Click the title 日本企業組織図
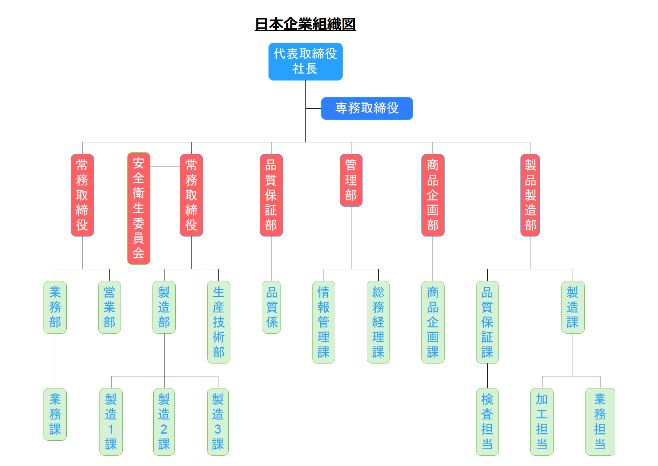[305, 24]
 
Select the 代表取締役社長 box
[305, 61]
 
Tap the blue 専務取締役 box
[367, 108]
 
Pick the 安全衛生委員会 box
[138, 208]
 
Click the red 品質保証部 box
[271, 195]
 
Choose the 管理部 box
[351, 180]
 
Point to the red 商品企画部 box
[433, 195]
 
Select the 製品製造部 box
[530, 195]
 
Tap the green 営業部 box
[109, 307]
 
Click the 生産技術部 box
[218, 322]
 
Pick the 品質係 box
[271, 307]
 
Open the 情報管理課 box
[324, 322]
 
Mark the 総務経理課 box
[378, 322]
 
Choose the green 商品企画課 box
[433, 322]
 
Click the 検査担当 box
[487, 422]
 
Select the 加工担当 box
[542, 422]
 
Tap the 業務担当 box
[600, 422]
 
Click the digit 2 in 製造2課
[164, 429]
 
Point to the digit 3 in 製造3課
[218, 429]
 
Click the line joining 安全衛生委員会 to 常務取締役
[165, 166]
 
